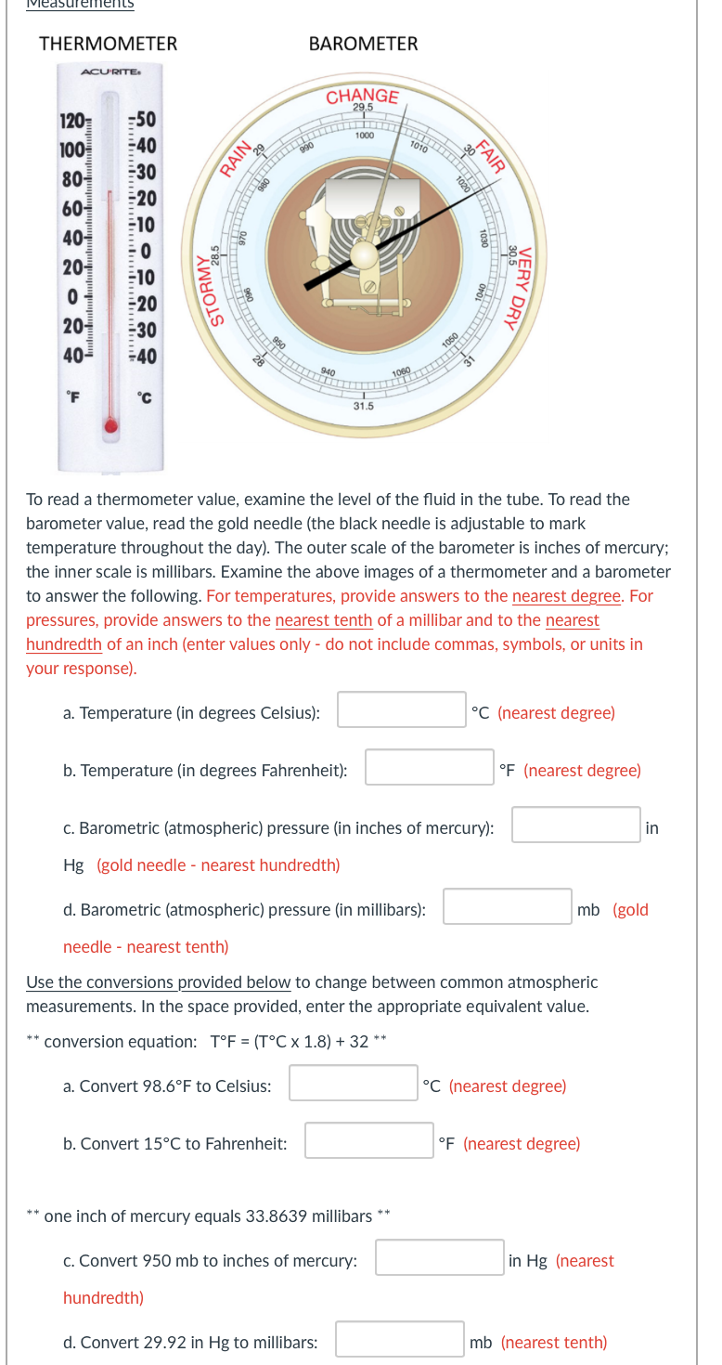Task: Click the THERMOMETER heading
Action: coord(108,44)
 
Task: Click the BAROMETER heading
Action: coord(363,44)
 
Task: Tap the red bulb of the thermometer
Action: coord(111,426)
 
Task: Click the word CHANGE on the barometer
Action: coord(362,95)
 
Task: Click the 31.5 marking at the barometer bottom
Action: coord(363,406)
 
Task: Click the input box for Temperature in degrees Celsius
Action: coord(402,710)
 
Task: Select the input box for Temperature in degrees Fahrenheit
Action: coord(430,768)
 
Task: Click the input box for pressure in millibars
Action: coord(508,907)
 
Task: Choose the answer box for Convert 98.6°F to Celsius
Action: coord(354,1084)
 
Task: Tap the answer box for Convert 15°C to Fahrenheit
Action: coord(369,1141)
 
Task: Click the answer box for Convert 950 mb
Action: coord(440,1258)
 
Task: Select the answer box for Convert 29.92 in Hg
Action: coord(400,1340)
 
